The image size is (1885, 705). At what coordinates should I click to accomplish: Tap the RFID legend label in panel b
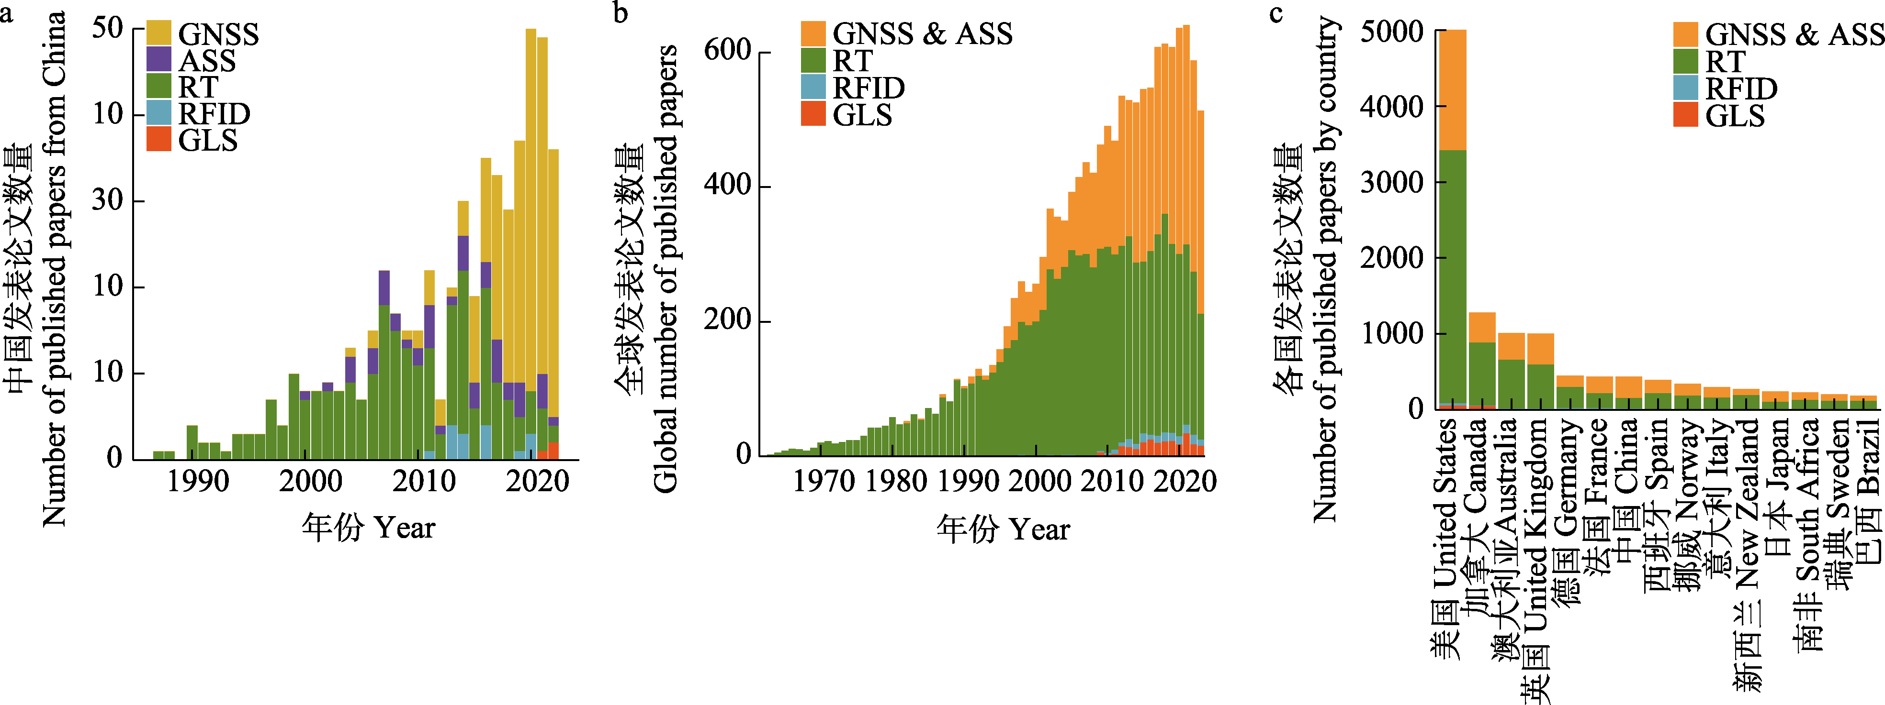(x=869, y=88)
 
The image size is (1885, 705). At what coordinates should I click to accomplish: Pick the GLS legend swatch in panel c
(x=1685, y=115)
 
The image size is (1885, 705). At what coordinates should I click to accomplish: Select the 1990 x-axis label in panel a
(x=198, y=481)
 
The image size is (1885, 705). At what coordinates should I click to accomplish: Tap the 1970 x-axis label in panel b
(x=824, y=481)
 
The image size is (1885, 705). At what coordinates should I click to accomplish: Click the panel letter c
(x=1276, y=13)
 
